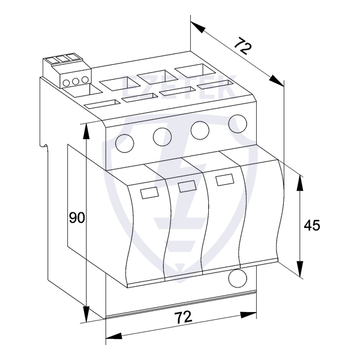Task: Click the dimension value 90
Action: click(77, 218)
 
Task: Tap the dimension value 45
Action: click(311, 225)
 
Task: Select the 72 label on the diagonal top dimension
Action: click(243, 46)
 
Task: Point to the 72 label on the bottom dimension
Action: click(184, 317)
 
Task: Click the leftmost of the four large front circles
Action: click(124, 143)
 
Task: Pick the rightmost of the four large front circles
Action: click(238, 124)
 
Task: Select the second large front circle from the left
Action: click(162, 137)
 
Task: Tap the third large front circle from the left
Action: click(200, 130)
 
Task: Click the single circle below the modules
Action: click(238, 278)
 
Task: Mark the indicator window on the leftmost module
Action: click(149, 193)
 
